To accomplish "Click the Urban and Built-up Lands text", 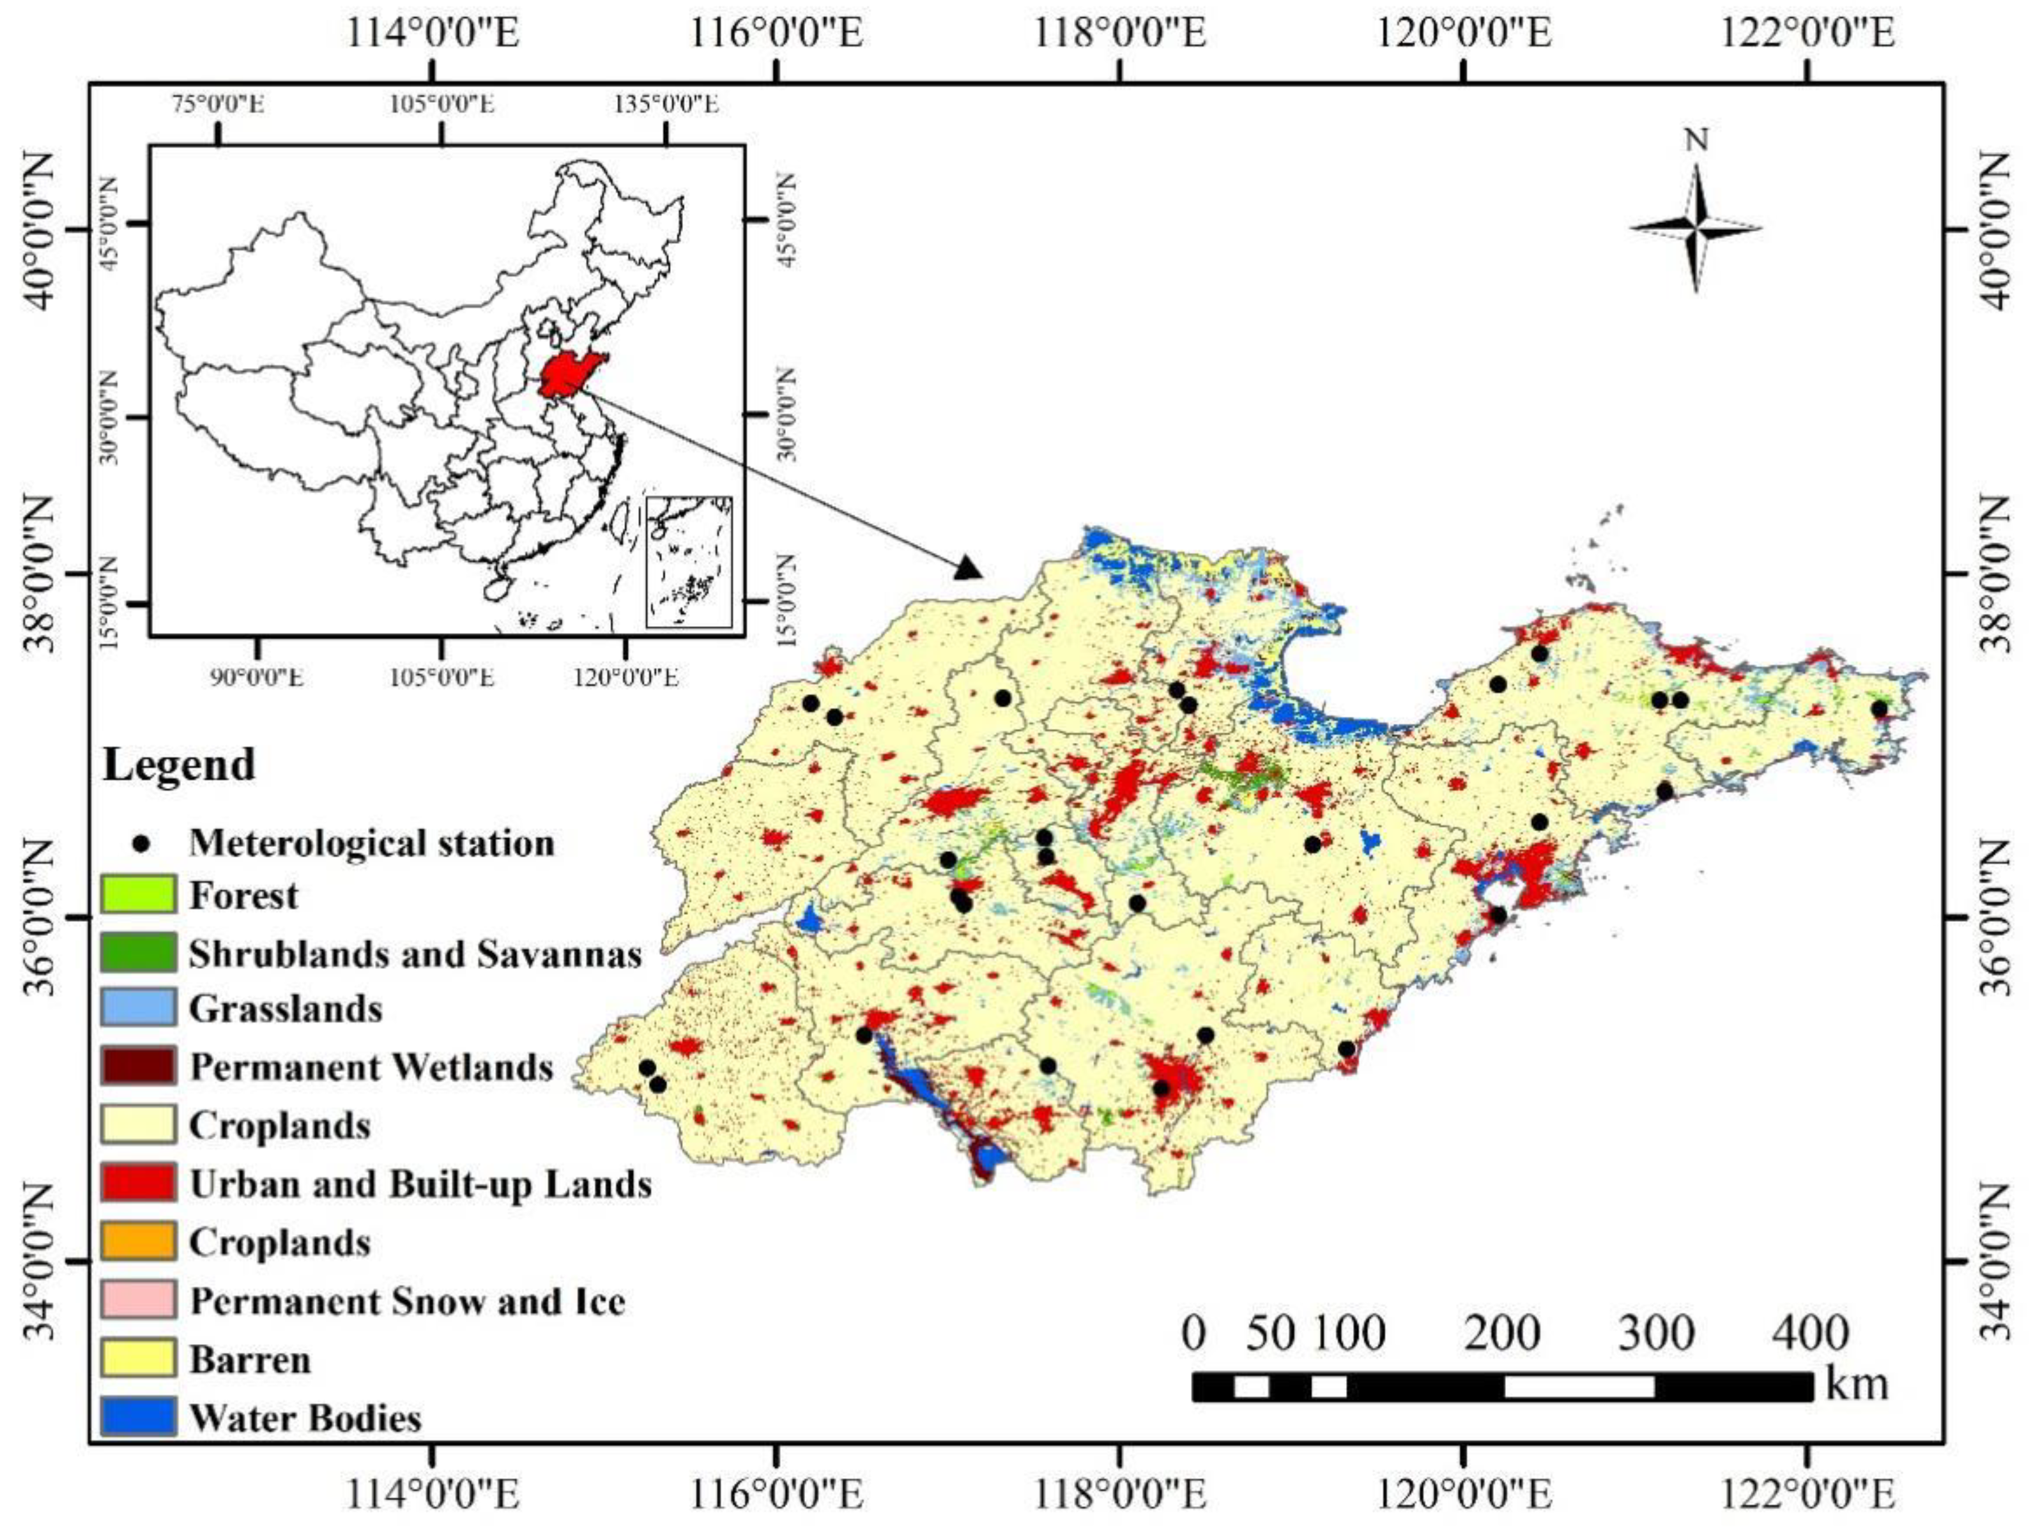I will (x=420, y=1184).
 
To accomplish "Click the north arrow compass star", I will (x=1696, y=228).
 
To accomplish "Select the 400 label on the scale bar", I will (x=1809, y=1333).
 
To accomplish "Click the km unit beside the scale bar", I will (x=1857, y=1384).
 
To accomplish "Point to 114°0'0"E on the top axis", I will (x=432, y=34).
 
